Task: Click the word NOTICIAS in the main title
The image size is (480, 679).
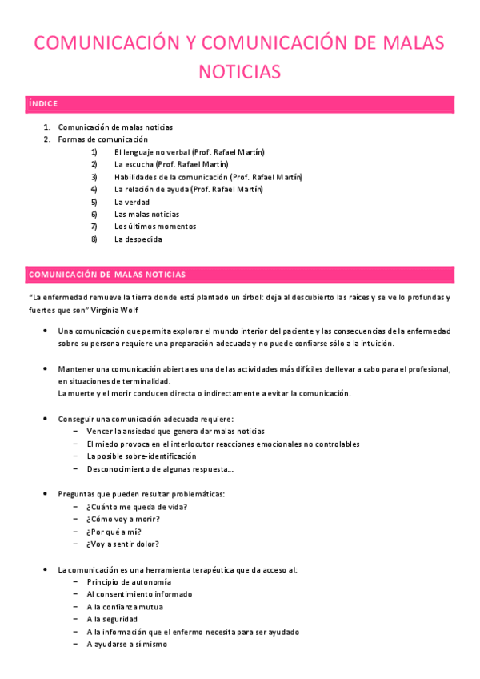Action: (239, 72)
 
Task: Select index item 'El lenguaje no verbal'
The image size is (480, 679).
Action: (189, 152)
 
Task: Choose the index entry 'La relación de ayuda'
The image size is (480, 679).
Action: (188, 189)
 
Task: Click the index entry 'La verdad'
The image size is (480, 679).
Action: (132, 202)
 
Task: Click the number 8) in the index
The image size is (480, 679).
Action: (94, 239)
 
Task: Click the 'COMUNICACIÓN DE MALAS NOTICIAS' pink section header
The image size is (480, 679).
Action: (107, 275)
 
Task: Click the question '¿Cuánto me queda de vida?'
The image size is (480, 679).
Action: (136, 506)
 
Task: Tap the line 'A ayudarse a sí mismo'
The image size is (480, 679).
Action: (126, 644)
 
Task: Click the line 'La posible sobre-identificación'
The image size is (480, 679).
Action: (141, 456)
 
